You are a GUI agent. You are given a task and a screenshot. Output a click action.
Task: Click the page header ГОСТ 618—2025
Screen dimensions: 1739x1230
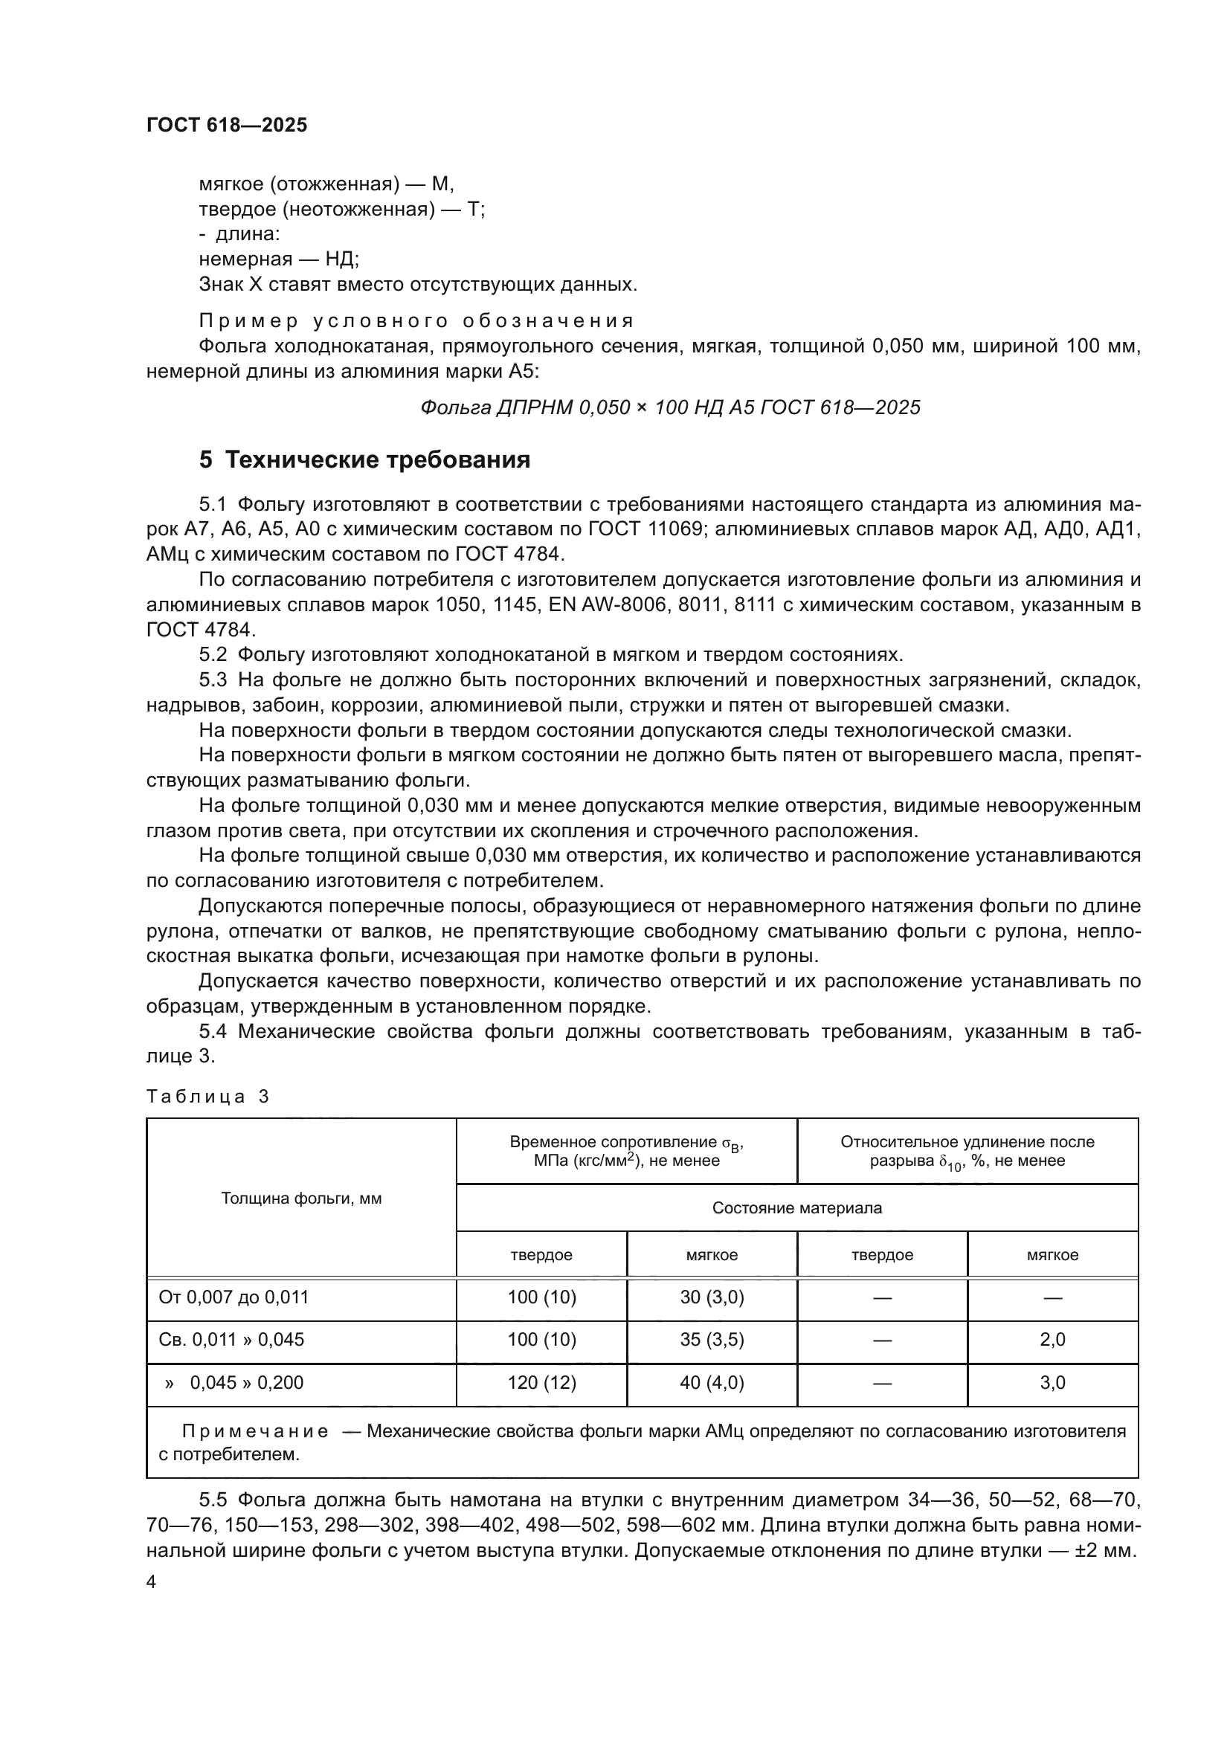tap(227, 125)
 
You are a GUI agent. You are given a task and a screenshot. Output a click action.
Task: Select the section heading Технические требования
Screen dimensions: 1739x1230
tap(364, 459)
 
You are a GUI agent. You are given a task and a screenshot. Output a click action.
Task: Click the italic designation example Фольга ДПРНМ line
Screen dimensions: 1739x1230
tap(669, 407)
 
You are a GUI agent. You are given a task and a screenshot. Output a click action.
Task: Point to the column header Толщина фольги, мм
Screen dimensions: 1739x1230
tap(300, 1198)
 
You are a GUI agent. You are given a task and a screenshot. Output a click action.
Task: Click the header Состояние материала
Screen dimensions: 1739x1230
tap(796, 1207)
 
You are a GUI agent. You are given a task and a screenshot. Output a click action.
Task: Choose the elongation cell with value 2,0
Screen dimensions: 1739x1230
tap(1052, 1339)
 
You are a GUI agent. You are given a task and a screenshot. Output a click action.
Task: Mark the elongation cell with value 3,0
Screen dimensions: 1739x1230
tap(1052, 1382)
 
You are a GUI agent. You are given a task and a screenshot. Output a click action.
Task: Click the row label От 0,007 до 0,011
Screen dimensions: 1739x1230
tap(234, 1297)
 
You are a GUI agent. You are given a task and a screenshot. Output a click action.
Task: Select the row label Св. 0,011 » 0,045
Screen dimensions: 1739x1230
tap(231, 1339)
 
